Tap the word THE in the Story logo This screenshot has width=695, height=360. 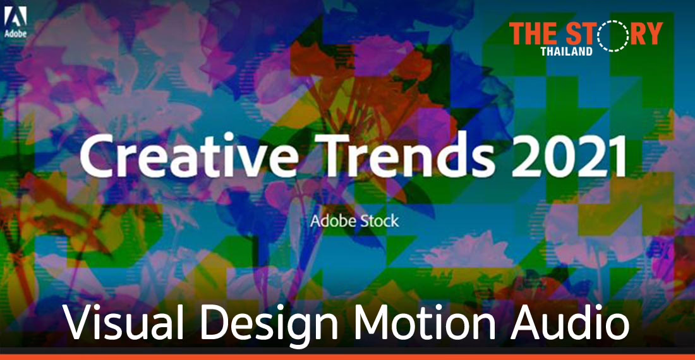tap(533, 33)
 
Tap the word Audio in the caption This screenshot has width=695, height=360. tap(569, 324)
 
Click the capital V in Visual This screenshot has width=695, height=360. tap(77, 324)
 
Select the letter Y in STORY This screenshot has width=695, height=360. tap(653, 33)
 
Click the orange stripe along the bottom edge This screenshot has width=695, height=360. tap(347, 357)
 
